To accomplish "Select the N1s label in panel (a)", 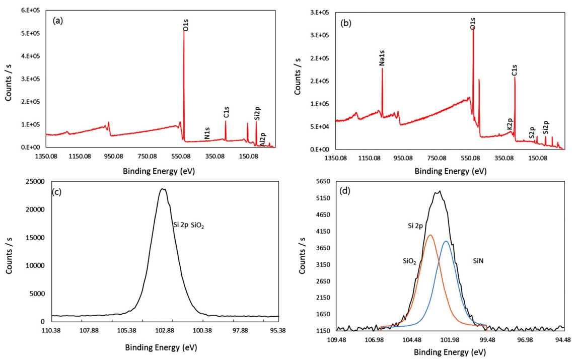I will click(x=207, y=133).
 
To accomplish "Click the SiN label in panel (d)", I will click(x=479, y=261).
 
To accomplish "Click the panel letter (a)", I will click(x=58, y=21).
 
